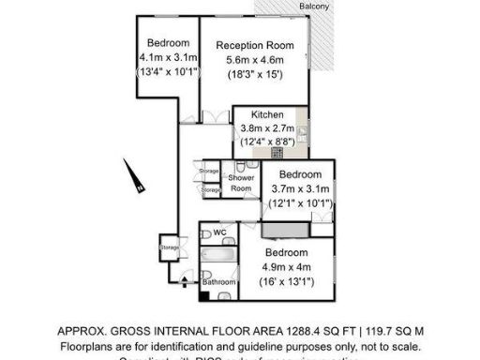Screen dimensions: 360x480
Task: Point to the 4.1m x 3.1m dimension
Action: [x=168, y=57]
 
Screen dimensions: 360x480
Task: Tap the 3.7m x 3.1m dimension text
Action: [x=300, y=189]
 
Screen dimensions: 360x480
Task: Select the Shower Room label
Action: [x=241, y=183]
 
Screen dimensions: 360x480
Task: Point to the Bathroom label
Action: [x=219, y=281]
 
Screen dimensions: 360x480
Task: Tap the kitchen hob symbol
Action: [x=277, y=151]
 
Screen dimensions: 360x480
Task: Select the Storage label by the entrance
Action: [x=169, y=247]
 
